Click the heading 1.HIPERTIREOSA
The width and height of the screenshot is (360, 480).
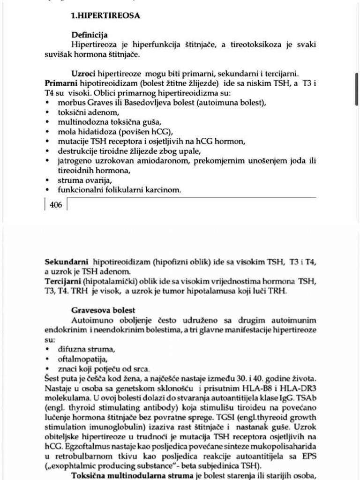point(105,15)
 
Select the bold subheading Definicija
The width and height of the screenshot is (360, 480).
point(89,35)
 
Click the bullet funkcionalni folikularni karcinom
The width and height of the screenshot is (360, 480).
point(119,190)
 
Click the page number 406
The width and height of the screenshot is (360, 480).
point(55,205)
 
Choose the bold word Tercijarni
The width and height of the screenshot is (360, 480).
point(63,281)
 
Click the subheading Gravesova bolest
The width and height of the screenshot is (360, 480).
point(103,310)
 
